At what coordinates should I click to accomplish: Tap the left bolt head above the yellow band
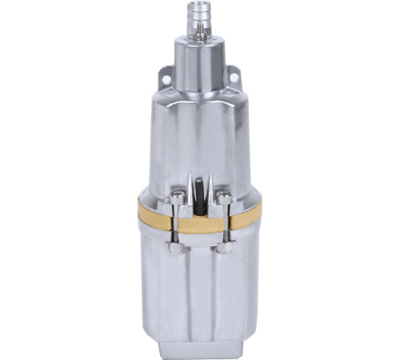[x=177, y=198]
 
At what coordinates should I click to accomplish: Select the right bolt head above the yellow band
[x=223, y=198]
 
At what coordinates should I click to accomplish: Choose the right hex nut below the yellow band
[x=223, y=248]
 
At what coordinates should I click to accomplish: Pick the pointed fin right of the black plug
[x=210, y=188]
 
